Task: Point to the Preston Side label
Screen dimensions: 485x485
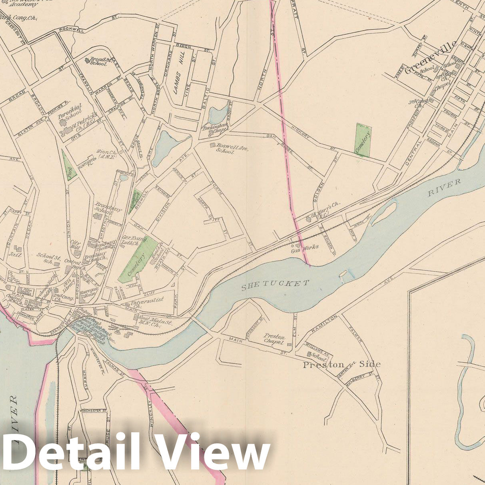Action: [x=341, y=364]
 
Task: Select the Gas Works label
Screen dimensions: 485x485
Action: [x=304, y=247]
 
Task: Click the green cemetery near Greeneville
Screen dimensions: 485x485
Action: [x=363, y=140]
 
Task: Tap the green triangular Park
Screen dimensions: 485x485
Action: [x=68, y=166]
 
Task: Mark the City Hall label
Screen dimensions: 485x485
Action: [x=76, y=244]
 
